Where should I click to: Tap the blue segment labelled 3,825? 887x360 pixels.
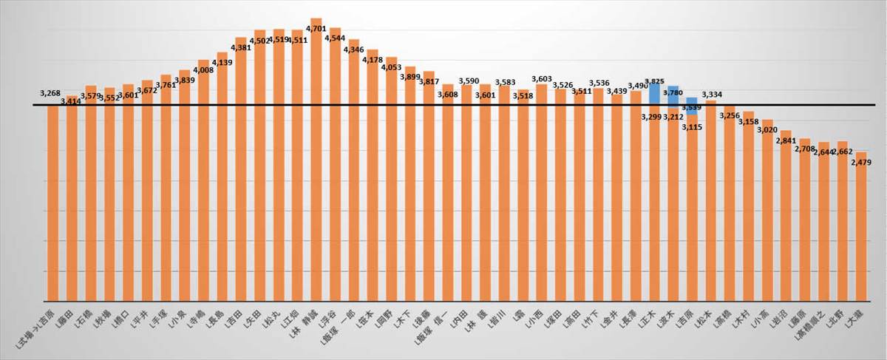point(654,94)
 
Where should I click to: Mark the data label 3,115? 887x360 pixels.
point(691,127)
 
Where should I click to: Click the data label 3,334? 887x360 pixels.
point(712,95)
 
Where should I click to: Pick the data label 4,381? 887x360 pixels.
point(241,48)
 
